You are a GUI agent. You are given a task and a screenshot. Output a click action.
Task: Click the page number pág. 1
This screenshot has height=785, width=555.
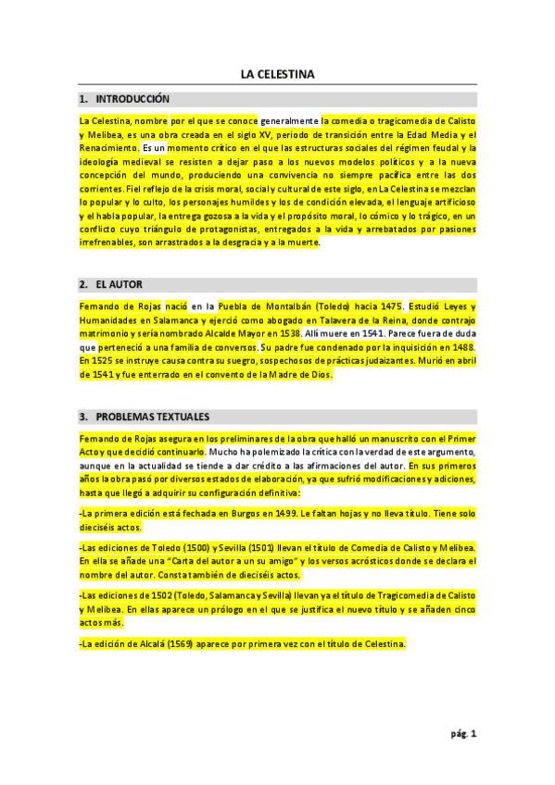coord(463,734)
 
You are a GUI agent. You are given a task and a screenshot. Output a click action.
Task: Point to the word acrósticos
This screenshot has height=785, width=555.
coord(368,561)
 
